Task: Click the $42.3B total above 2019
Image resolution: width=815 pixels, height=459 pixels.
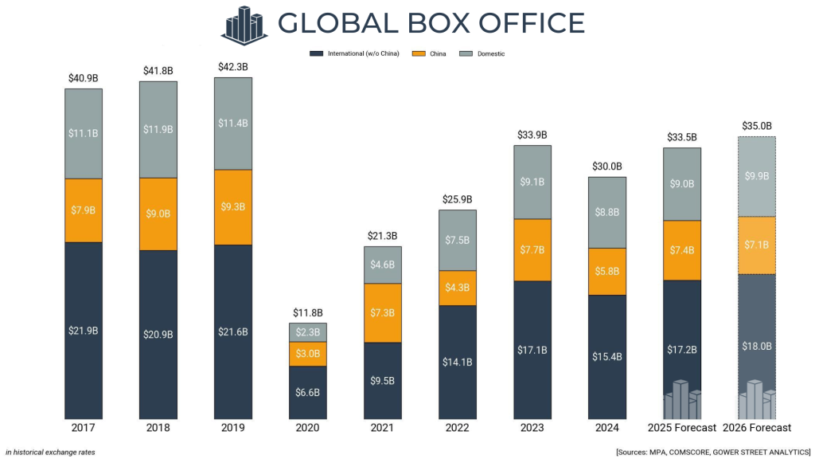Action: (x=233, y=67)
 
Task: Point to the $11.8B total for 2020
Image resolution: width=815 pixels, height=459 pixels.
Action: (x=308, y=312)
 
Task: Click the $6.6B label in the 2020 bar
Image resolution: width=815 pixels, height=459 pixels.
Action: (x=308, y=392)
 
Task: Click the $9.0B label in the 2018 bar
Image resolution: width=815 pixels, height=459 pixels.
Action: (x=158, y=213)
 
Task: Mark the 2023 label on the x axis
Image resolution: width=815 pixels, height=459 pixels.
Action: (x=532, y=428)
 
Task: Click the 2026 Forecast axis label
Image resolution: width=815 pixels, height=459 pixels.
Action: (x=758, y=428)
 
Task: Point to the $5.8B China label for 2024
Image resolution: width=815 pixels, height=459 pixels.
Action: (x=607, y=271)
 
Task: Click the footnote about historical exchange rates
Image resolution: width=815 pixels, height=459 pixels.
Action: (x=50, y=452)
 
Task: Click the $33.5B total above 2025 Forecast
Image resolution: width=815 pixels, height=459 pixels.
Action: (x=682, y=137)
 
